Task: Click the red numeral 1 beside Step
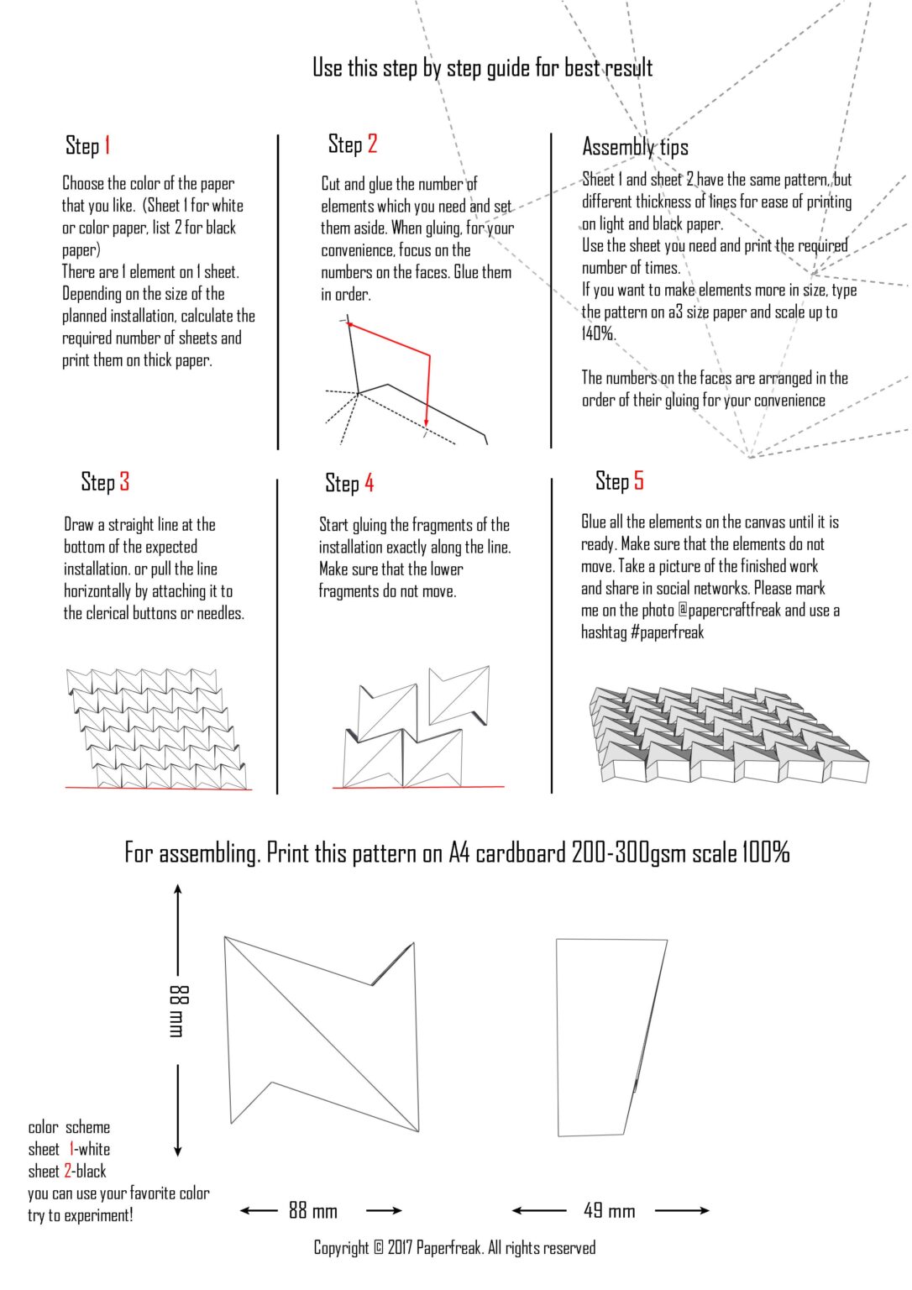[107, 145]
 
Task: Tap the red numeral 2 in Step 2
[372, 144]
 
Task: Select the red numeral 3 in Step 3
[124, 481]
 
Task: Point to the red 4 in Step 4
[369, 483]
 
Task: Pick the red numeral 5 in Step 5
[638, 480]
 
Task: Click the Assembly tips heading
[635, 147]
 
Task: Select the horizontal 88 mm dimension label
[312, 1210]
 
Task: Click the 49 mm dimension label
[609, 1210]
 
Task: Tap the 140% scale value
[598, 333]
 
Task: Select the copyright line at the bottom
[454, 1247]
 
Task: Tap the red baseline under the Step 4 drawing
[418, 787]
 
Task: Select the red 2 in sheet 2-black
[67, 1171]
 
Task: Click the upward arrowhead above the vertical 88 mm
[177, 889]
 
